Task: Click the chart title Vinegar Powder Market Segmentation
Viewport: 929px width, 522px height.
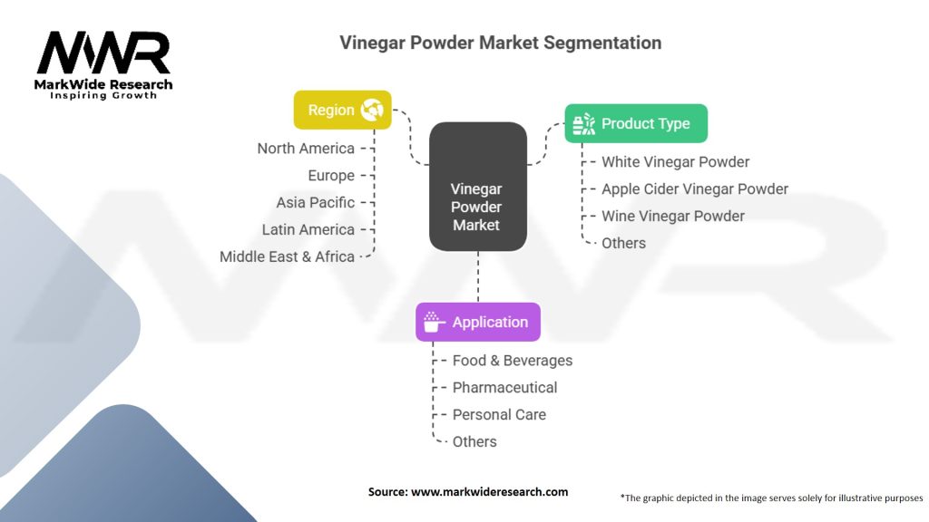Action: (500, 43)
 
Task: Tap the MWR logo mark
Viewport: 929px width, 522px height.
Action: (103, 54)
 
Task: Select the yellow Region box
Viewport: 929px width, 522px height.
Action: (342, 110)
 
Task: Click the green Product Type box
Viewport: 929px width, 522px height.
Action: (636, 123)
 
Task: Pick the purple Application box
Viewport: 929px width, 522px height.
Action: (478, 322)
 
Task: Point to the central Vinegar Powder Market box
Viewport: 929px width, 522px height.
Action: (477, 187)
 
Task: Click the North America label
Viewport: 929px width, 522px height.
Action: (306, 148)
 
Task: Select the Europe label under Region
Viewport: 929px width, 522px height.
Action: (331, 175)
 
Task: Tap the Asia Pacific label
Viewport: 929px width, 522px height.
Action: (315, 202)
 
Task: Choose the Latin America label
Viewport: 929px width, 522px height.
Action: (308, 229)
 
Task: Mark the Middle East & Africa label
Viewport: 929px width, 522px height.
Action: (287, 256)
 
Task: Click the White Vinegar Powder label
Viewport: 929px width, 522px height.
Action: (675, 161)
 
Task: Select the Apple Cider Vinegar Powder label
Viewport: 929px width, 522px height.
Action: (695, 188)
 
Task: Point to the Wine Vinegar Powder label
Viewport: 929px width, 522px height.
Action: (672, 216)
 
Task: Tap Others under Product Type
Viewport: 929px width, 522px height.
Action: (623, 243)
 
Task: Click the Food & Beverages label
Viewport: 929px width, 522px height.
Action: (513, 360)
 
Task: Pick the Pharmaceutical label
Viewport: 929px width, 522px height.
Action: (504, 387)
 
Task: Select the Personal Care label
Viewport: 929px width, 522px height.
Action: (500, 414)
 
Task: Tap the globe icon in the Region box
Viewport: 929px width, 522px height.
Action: (372, 110)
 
